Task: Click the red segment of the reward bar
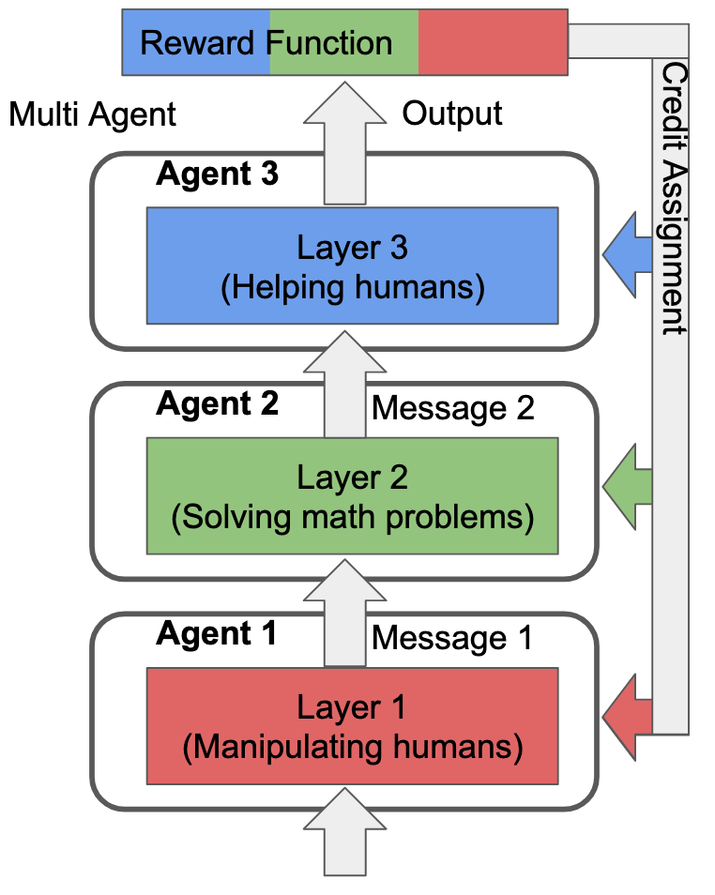pos(493,42)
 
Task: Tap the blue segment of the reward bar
pos(195,42)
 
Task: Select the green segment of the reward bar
pos(343,42)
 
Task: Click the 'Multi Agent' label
pos(92,114)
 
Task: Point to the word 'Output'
pos(452,114)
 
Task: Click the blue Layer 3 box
pos(352,266)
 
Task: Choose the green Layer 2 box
pos(352,495)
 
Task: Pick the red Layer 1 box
pos(352,725)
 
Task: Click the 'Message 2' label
pos(453,408)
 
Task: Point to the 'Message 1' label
pos(452,638)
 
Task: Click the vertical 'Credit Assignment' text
pos(673,199)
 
